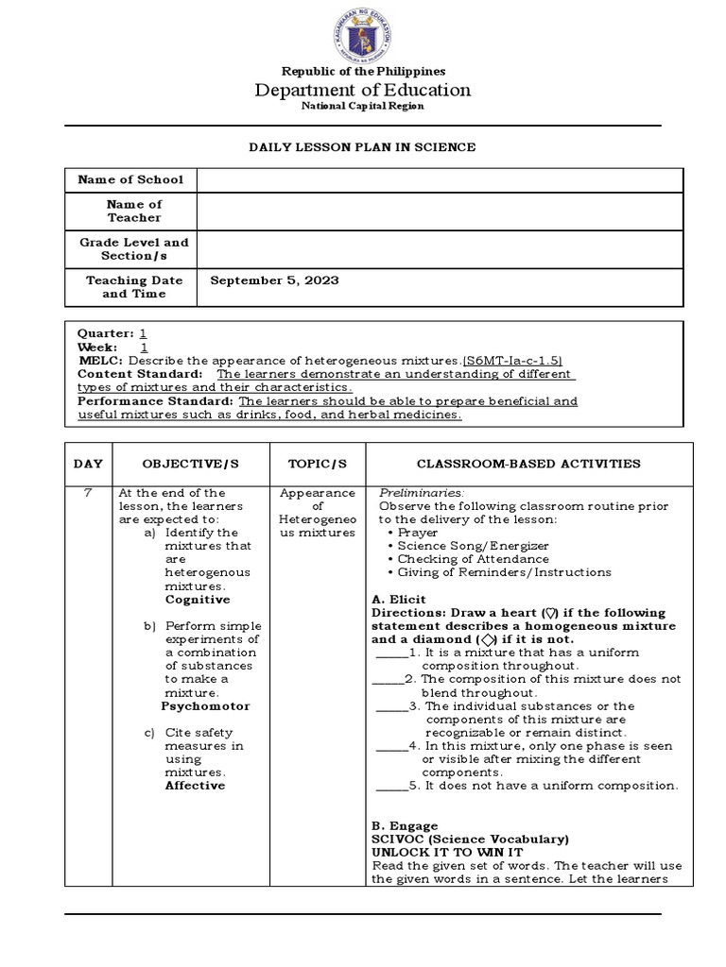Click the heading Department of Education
pyautogui.click(x=363, y=90)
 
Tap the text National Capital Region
pyautogui.click(x=363, y=106)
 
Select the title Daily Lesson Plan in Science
pyautogui.click(x=362, y=147)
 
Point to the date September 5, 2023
pyautogui.click(x=274, y=280)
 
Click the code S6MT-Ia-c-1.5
pyautogui.click(x=513, y=361)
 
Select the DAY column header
pyautogui.click(x=87, y=464)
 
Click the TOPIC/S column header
pyautogui.click(x=318, y=464)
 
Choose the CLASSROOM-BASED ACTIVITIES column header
pyautogui.click(x=528, y=464)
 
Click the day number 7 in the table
pyautogui.click(x=87, y=493)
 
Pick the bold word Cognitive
pyautogui.click(x=197, y=600)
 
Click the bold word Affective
pyautogui.click(x=195, y=785)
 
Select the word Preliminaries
pyautogui.click(x=422, y=493)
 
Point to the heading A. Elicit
pyautogui.click(x=399, y=599)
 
